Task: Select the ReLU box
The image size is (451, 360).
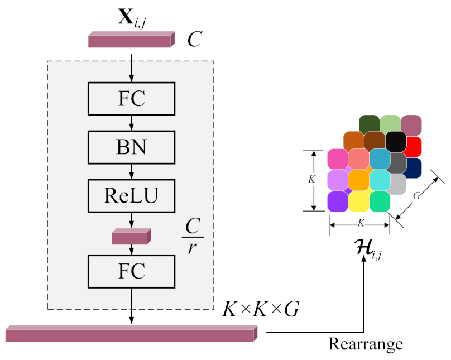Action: pos(131,195)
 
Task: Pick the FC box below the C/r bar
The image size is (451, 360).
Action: pos(131,271)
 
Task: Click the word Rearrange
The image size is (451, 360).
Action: pos(366,343)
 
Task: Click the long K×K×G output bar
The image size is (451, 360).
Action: pos(131,334)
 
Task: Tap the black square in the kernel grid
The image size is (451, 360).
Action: pos(395,141)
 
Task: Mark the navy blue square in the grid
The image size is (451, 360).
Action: pos(414,167)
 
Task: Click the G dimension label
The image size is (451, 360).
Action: pos(416,196)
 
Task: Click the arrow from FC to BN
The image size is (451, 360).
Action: pos(131,123)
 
